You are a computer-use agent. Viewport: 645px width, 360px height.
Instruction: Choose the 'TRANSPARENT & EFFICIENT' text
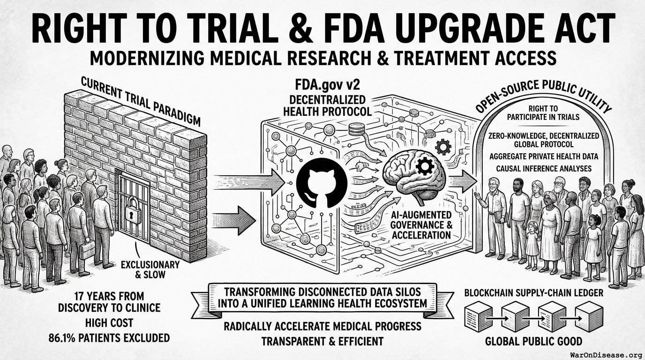[x=322, y=341]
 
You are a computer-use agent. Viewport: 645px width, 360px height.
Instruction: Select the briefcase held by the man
[x=87, y=250]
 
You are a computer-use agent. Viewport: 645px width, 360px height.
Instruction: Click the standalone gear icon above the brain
[x=443, y=147]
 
